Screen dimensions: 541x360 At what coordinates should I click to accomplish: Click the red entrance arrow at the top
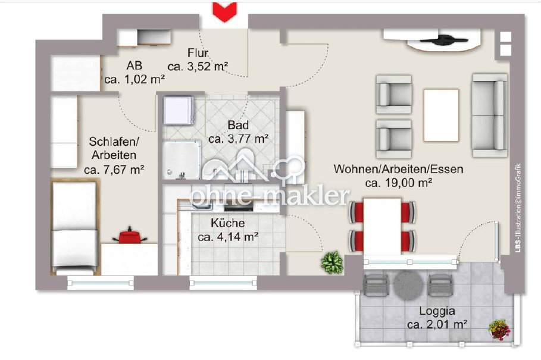[224, 11]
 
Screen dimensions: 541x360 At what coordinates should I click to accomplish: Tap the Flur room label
[198, 53]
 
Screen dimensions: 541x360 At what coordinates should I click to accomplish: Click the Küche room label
[228, 223]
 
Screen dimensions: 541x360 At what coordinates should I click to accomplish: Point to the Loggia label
[437, 311]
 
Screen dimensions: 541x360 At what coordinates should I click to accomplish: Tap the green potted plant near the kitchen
[332, 263]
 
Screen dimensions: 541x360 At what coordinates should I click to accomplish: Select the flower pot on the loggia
[499, 329]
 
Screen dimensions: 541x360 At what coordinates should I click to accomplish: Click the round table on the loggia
[408, 286]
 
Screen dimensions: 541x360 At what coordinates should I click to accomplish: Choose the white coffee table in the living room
[441, 115]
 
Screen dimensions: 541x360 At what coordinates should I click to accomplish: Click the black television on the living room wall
[443, 40]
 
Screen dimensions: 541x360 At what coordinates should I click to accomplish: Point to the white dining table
[382, 226]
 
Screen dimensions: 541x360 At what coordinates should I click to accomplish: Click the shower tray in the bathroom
[181, 159]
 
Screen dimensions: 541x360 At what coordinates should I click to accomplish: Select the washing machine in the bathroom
[178, 109]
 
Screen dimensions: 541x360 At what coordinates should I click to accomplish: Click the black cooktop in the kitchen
[239, 207]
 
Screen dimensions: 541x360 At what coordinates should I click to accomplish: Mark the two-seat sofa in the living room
[490, 115]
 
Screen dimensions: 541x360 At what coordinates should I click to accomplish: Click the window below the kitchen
[224, 283]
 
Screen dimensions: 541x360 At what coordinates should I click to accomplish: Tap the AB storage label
[135, 65]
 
